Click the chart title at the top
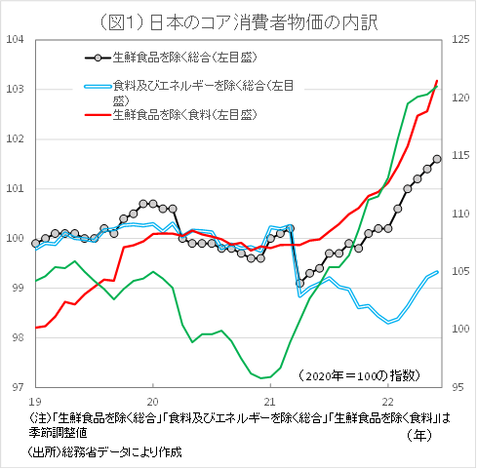[238, 17]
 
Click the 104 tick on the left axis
[15, 40]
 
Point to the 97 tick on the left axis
[17, 388]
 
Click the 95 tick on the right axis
[459, 388]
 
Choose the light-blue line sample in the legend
[96, 87]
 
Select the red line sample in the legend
[96, 115]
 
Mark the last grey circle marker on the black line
[437, 159]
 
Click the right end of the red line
[437, 80]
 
